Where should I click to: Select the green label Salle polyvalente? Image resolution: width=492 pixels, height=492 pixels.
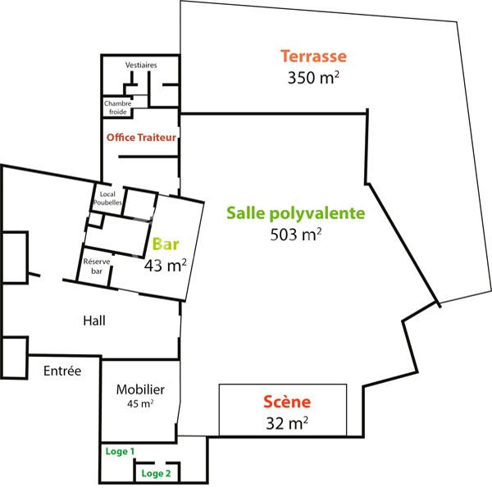coord(294,213)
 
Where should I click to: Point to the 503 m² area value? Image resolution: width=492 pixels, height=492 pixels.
coord(294,235)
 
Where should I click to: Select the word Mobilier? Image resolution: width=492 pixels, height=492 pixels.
coord(140,390)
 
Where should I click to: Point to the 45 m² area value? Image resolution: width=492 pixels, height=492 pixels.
coord(140,404)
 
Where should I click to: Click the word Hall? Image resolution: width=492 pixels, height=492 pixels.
coord(94,320)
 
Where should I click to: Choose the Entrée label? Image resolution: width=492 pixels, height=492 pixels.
coord(62,371)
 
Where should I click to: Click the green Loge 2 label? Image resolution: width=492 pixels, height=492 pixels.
coord(156,473)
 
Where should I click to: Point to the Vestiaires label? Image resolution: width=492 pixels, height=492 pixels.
coord(142,65)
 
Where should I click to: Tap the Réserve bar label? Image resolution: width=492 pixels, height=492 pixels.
coord(97,266)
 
